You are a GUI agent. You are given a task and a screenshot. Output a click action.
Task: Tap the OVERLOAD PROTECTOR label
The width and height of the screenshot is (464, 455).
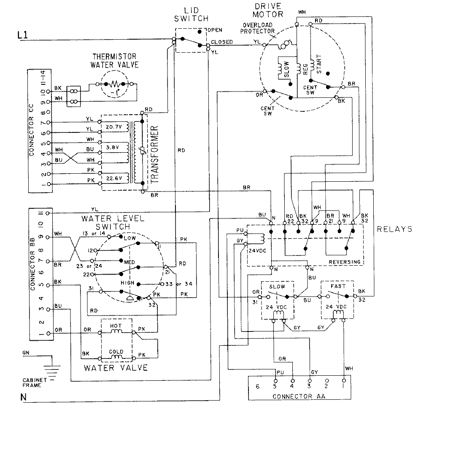[x=258, y=28]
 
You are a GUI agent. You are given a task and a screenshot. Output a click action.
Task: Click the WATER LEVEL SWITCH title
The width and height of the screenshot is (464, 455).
[x=113, y=222]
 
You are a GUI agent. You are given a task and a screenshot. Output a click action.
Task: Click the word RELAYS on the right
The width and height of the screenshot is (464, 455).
[x=394, y=229]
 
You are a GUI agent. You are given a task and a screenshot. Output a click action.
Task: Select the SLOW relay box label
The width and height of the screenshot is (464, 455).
[x=277, y=286]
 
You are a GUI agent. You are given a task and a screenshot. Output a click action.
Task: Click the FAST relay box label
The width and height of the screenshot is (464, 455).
[x=338, y=286]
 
